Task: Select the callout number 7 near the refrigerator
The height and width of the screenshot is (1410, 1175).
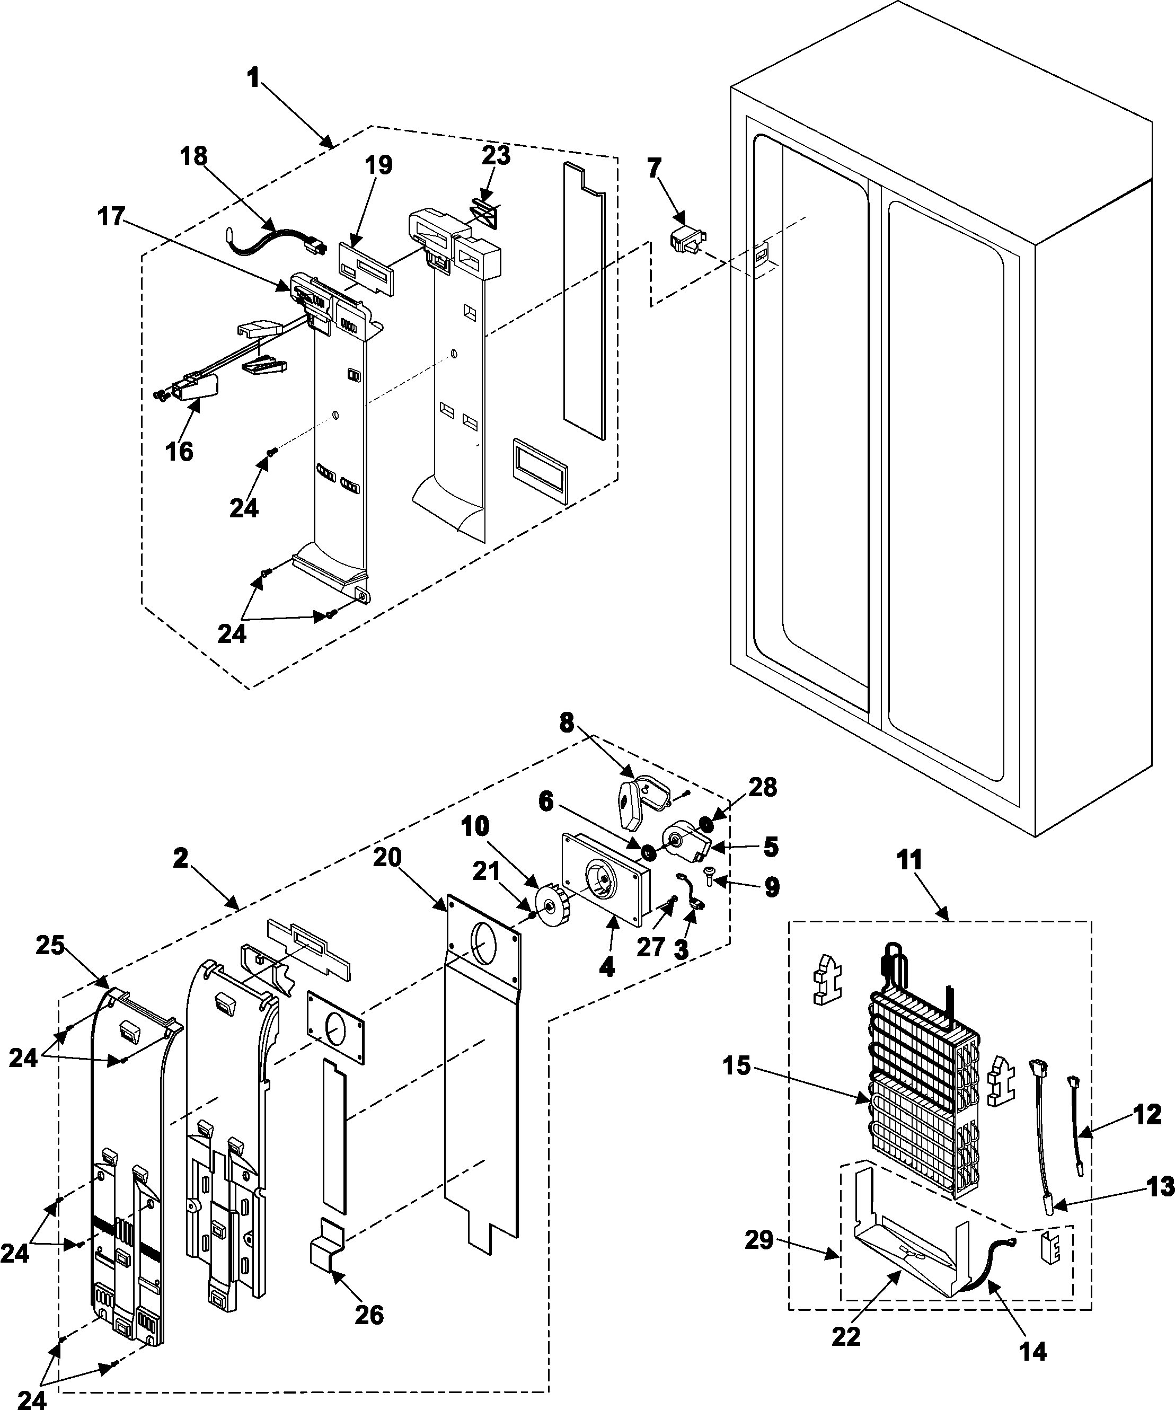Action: tap(654, 168)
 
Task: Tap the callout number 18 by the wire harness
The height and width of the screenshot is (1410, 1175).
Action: tap(193, 156)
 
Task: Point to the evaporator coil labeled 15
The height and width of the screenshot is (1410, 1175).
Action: tap(920, 1074)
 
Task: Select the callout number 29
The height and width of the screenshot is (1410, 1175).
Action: tap(759, 1240)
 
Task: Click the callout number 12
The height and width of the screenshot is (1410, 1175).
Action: tap(1147, 1115)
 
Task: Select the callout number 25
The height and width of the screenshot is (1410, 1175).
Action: tap(50, 945)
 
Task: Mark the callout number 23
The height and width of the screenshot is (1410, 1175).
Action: tap(496, 155)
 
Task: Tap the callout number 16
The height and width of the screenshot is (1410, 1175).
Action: tap(179, 451)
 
